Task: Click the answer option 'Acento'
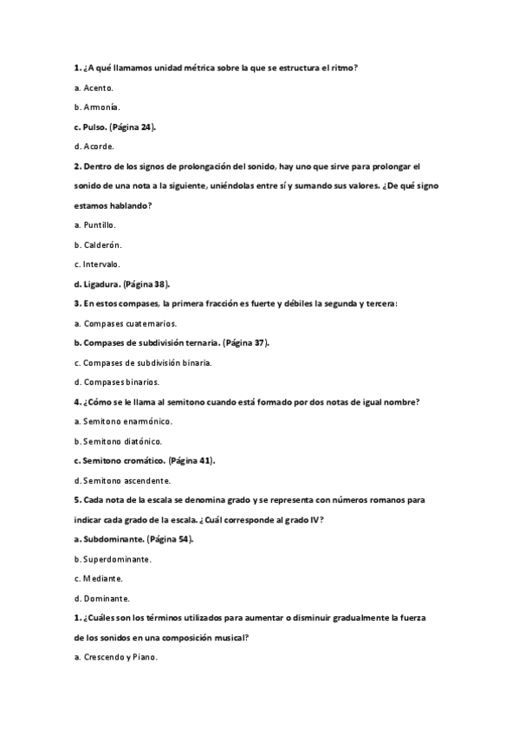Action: pos(98,88)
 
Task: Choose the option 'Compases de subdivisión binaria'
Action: pos(148,361)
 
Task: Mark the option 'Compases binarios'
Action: pos(121,381)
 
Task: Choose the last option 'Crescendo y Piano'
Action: pos(120,657)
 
